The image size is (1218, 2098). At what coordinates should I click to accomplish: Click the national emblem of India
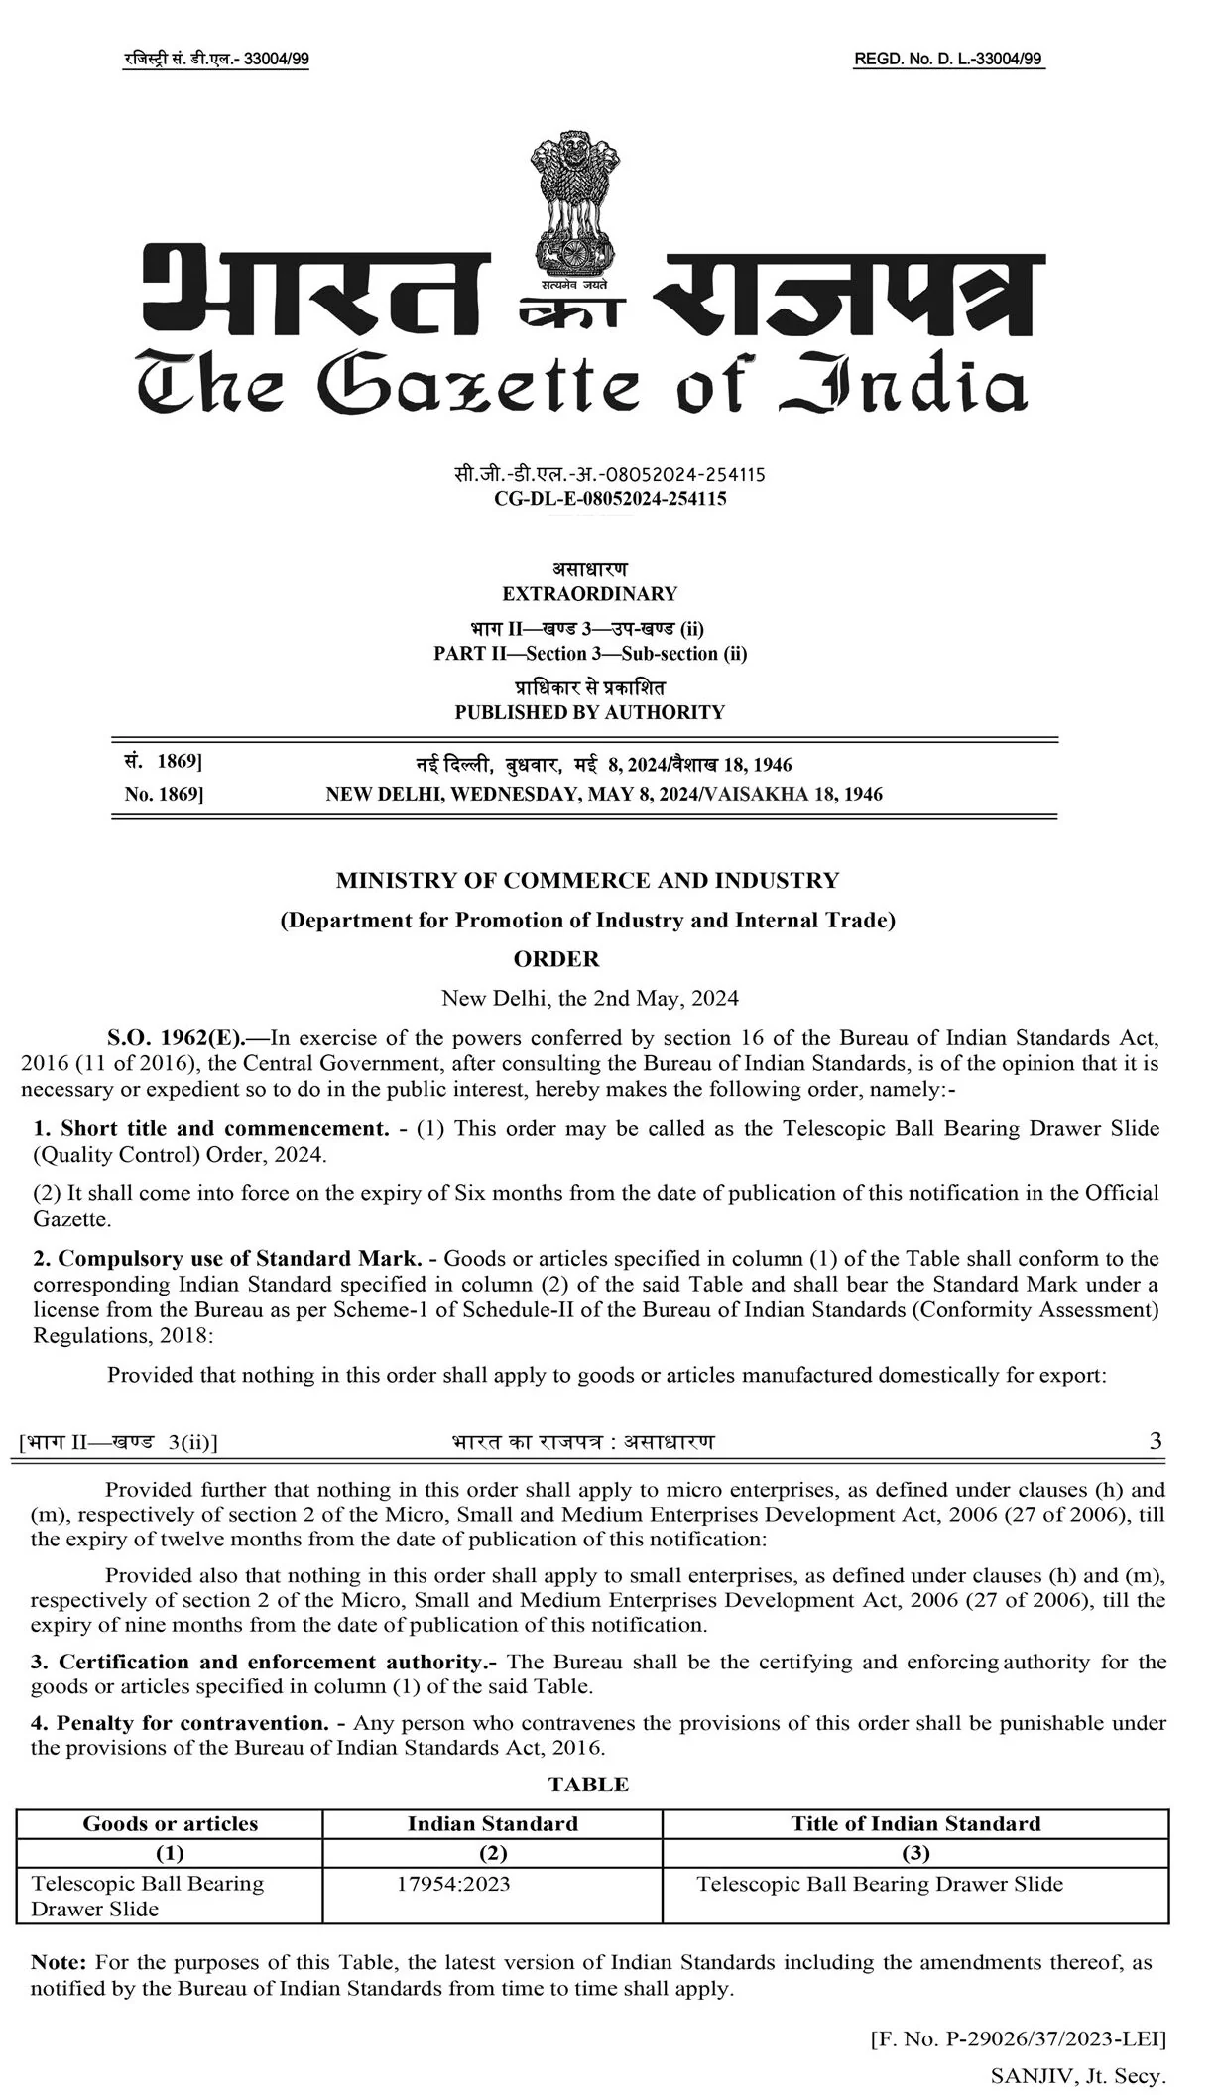(x=576, y=203)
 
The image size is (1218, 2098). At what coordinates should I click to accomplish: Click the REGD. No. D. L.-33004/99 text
(x=948, y=60)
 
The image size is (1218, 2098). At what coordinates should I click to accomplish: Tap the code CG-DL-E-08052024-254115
(x=610, y=499)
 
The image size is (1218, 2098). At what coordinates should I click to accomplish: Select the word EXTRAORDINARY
(x=589, y=594)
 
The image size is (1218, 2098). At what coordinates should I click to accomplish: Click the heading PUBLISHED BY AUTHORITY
(x=589, y=712)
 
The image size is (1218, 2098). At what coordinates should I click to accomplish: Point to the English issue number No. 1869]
(x=164, y=794)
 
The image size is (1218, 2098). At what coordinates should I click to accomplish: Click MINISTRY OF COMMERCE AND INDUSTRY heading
(x=587, y=880)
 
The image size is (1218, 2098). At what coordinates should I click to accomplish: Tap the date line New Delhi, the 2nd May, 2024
(x=589, y=998)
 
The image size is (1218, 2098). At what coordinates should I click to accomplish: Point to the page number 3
(x=1156, y=1441)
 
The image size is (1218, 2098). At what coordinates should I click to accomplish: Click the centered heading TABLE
(x=589, y=1785)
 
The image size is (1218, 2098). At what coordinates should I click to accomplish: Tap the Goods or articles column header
(x=170, y=1823)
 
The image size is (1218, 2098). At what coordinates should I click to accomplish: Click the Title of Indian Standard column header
(x=915, y=1823)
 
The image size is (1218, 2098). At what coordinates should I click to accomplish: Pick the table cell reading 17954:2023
(x=453, y=1884)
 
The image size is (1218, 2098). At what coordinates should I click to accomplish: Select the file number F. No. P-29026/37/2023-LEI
(x=1018, y=2039)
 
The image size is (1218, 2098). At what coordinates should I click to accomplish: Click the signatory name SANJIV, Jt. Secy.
(x=1077, y=2075)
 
